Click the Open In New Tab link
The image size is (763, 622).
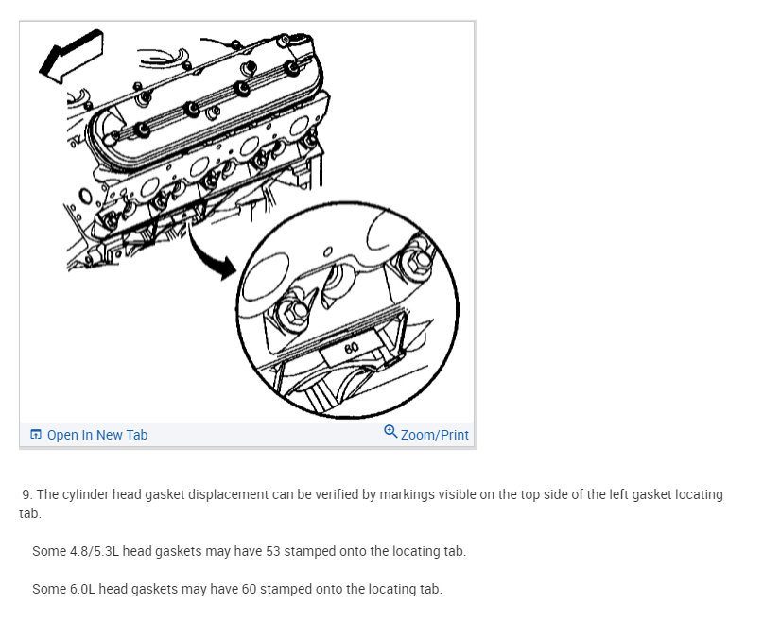pos(97,435)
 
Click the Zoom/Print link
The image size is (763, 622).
pos(435,435)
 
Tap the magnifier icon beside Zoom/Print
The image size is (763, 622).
pos(390,431)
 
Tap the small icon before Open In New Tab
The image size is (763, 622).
pos(36,434)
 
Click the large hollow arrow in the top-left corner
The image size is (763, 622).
pos(72,57)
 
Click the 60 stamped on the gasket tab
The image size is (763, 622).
pos(352,348)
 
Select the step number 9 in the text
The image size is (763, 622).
pos(27,494)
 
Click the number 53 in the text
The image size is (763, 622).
pos(273,551)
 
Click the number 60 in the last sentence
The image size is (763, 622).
pos(250,590)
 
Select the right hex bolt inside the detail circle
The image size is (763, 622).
pos(415,264)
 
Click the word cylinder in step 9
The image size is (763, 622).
pos(86,494)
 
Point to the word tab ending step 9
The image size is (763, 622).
pos(28,513)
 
